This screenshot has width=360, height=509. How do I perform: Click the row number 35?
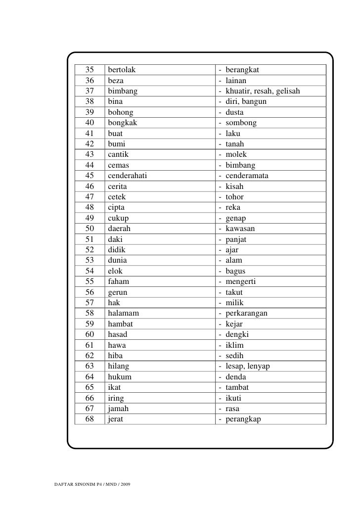coord(90,70)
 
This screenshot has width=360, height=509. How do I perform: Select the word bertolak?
coord(122,70)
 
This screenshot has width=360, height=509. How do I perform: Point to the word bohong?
coord(121,112)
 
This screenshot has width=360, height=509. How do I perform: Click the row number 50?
coord(90,229)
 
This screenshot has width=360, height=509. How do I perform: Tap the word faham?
coord(118,281)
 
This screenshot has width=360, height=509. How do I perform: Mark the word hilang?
coord(119,366)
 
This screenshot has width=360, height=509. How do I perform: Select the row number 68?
coord(90,419)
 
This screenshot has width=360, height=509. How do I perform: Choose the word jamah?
coord(118,409)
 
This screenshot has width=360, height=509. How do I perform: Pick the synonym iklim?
coord(234,345)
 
